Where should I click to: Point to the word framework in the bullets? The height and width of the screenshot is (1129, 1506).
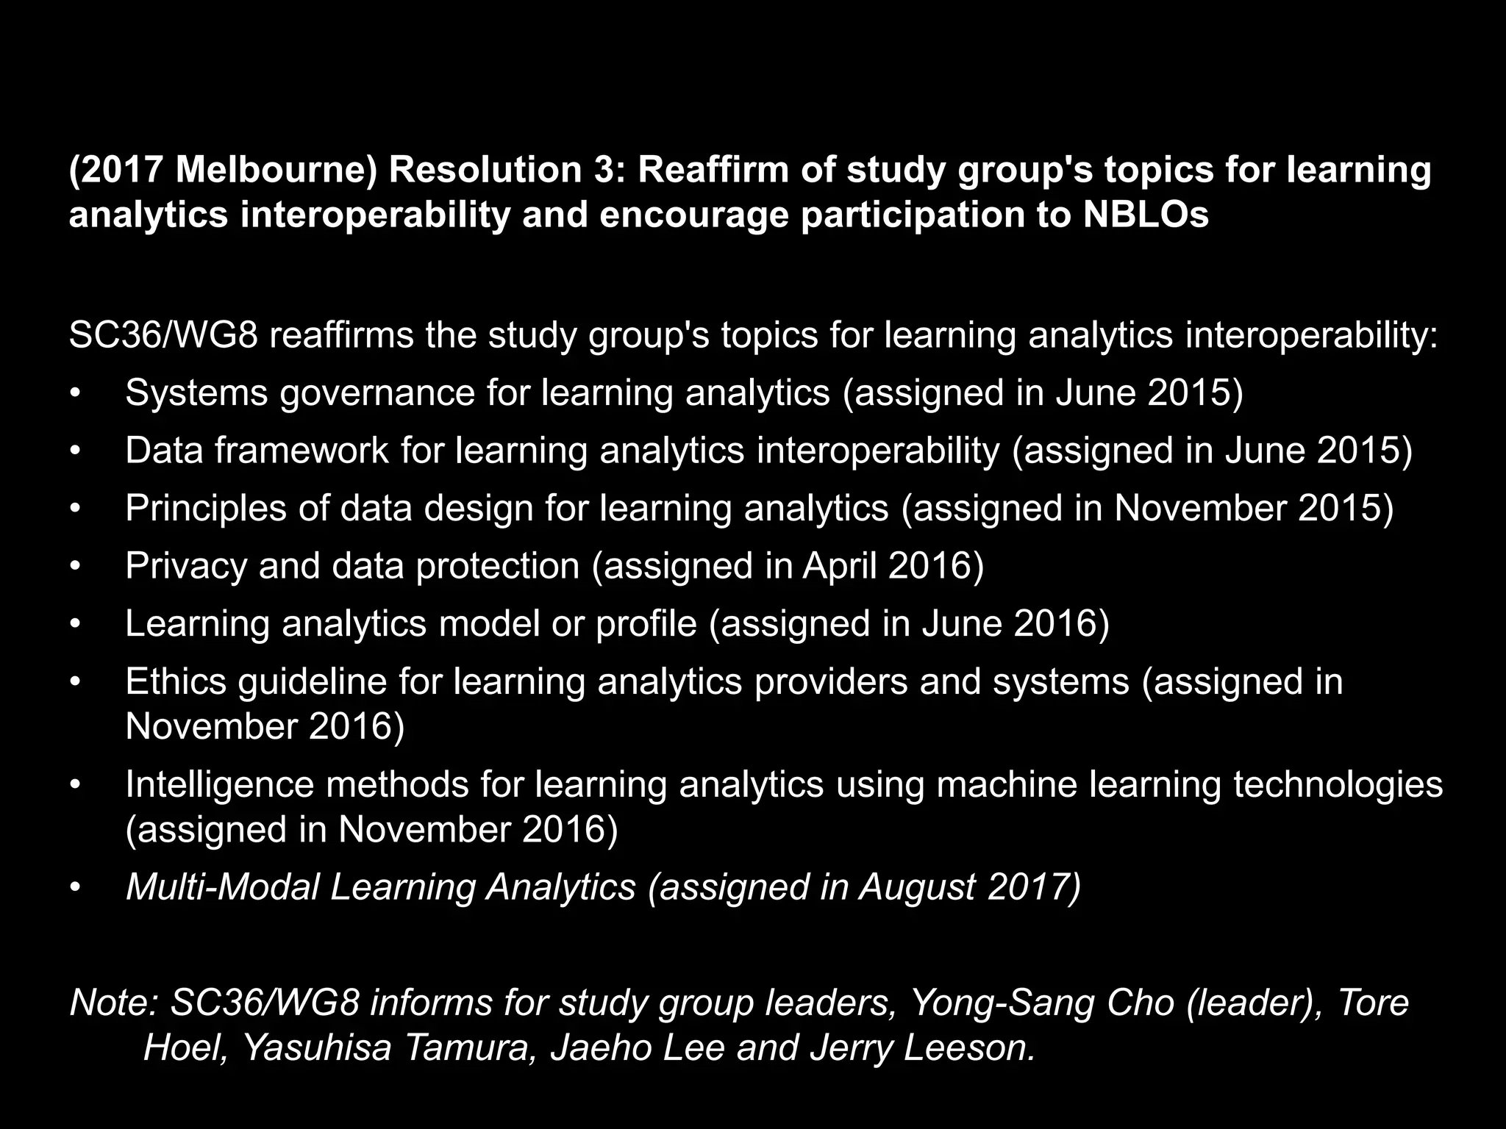coord(301,450)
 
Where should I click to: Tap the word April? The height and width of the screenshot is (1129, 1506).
coord(839,566)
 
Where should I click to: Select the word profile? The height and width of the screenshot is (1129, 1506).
coord(646,624)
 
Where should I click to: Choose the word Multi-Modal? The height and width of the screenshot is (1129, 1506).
coord(222,886)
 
